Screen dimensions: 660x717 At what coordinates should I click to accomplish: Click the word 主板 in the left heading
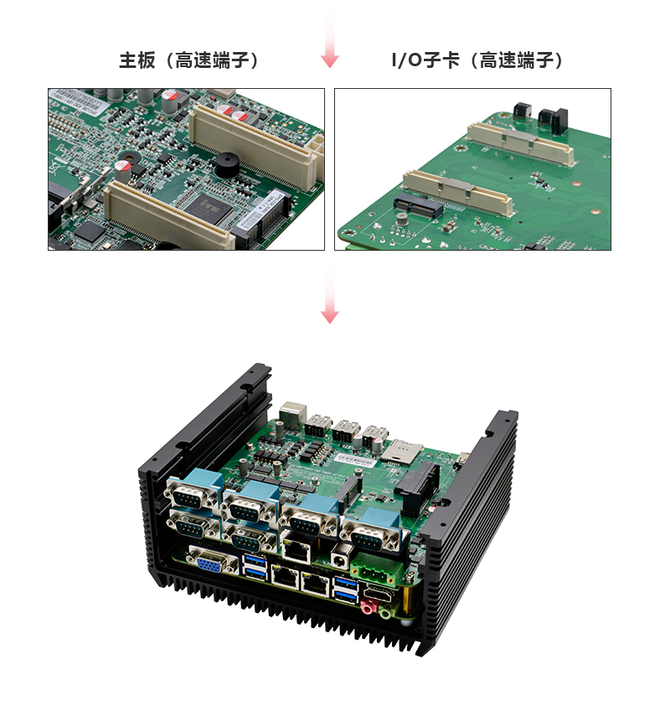[x=137, y=60]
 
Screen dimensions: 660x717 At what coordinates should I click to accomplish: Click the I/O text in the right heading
[x=406, y=60]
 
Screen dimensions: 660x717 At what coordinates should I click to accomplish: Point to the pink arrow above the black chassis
[x=330, y=294]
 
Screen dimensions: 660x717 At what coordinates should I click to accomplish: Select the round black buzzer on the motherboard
[x=226, y=165]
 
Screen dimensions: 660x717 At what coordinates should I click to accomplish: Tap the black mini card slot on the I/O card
[x=417, y=206]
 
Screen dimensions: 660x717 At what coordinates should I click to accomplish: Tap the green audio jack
[x=386, y=612]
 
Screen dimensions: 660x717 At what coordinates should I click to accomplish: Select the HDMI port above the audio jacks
[x=379, y=594]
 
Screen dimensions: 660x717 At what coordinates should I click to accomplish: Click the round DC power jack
[x=339, y=556]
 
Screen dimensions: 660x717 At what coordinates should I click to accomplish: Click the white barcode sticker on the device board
[x=353, y=459]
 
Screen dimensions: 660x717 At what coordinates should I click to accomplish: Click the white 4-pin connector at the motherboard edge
[x=317, y=145]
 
